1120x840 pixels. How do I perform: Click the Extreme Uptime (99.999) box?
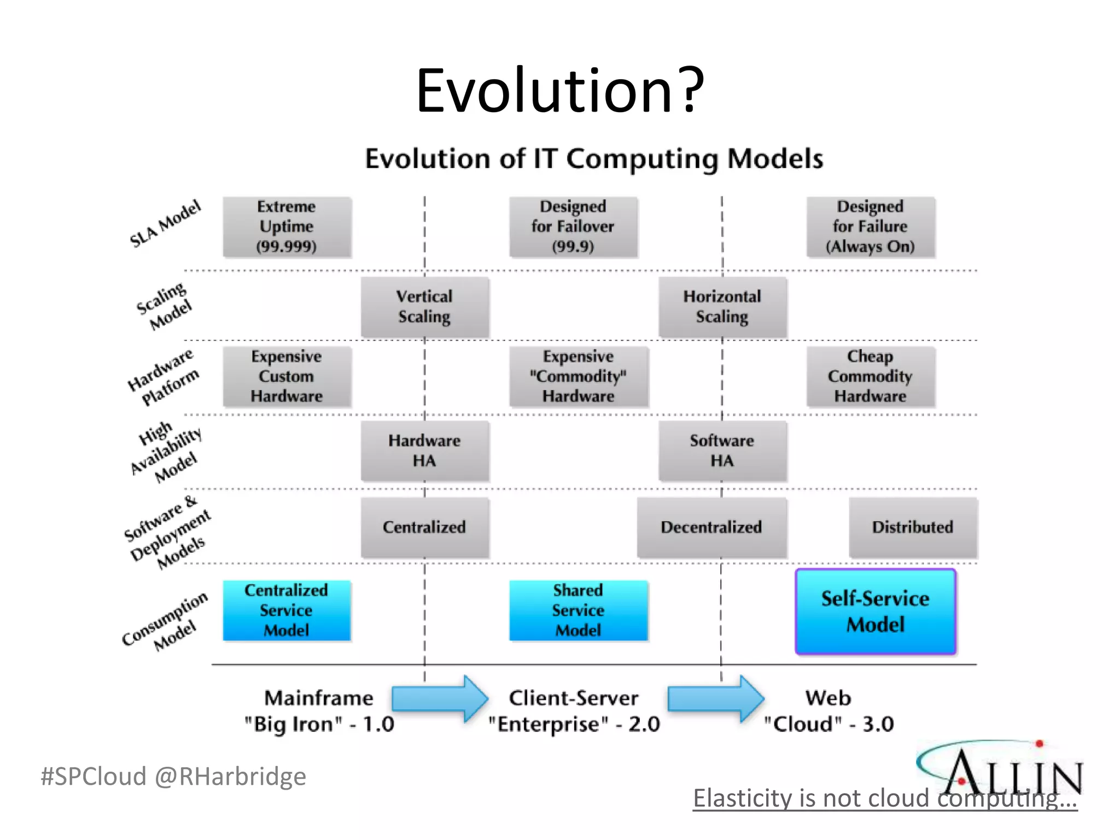coord(287,227)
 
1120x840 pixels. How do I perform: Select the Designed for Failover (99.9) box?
coord(573,227)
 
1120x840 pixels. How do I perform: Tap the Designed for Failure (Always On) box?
coord(870,227)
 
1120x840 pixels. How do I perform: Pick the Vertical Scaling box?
coord(424,307)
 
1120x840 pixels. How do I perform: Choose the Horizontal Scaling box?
coord(722,307)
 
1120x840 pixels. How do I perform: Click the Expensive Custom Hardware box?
coord(287,377)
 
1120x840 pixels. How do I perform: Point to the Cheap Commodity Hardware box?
coord(870,377)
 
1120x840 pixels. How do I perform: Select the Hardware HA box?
coord(424,451)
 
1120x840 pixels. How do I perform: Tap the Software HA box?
coord(722,451)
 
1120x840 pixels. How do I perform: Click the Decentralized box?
coord(711,527)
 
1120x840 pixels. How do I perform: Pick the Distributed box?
coord(912,527)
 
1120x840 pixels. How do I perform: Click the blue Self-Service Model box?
coord(875,611)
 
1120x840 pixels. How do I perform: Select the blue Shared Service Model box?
coord(578,610)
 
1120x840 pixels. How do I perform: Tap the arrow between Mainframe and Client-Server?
coord(439,699)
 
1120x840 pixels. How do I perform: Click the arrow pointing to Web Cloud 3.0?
coord(715,699)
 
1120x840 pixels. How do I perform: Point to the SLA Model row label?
coord(165,224)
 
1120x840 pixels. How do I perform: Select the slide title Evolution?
coord(560,90)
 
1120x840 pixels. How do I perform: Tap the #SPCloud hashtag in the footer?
coord(94,777)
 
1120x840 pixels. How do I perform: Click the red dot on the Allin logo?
coord(1039,744)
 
